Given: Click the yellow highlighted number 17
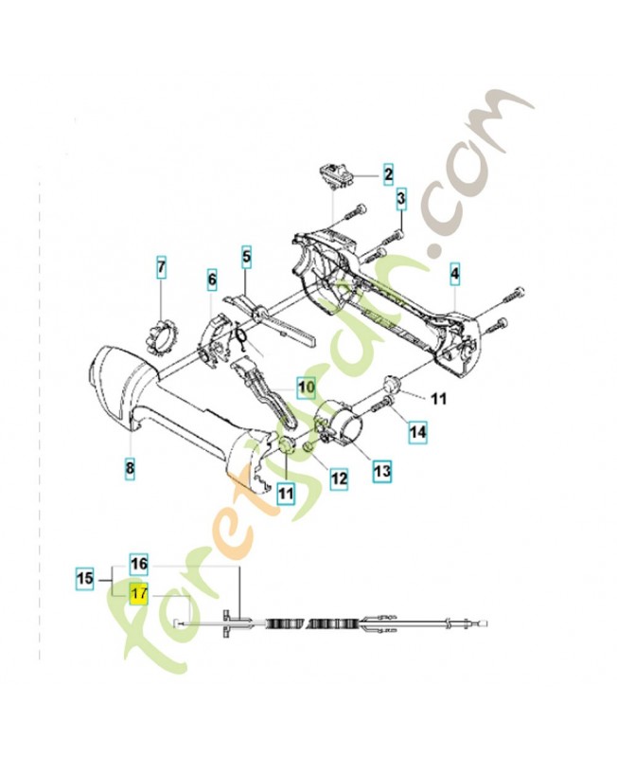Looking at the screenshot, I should coord(139,595).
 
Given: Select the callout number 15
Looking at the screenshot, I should coord(85,576).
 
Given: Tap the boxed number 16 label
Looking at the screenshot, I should coord(139,564).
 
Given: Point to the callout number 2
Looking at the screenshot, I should coord(388,173).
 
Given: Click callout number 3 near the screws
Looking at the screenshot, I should coord(400,199).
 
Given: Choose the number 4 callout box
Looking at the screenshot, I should coord(455,275).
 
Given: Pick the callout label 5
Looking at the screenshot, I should coord(246,255).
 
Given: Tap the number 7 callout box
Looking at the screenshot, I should coord(161,268).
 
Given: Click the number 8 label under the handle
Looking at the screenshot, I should coord(130,467).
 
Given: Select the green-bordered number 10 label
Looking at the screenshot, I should coord(306,387).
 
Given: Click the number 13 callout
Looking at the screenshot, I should coord(381,468).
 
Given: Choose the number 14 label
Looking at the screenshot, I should coord(417,434).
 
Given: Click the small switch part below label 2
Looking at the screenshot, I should coord(335,175).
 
